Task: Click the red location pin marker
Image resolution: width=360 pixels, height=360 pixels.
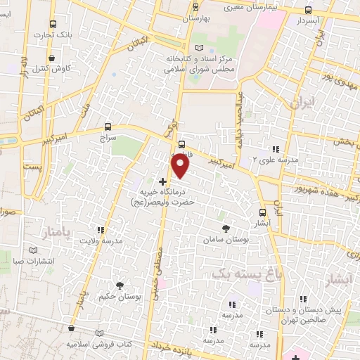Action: click(x=181, y=166)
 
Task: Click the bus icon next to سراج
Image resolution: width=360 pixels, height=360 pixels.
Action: click(x=107, y=127)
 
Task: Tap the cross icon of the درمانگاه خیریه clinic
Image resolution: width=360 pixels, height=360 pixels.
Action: click(x=163, y=181)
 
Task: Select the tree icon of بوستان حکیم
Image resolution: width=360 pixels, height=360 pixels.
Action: click(x=120, y=285)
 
